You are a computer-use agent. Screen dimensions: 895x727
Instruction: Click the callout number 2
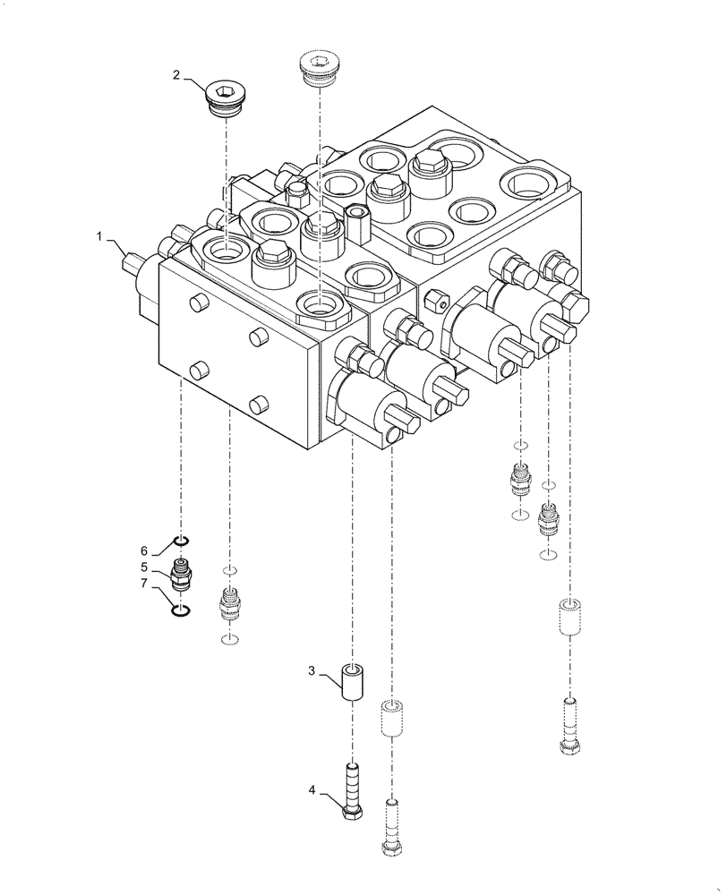[177, 75]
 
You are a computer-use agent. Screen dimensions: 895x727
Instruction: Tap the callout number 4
[312, 790]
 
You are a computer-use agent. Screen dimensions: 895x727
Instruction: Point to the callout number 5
[143, 567]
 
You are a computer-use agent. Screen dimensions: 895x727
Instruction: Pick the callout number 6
[143, 550]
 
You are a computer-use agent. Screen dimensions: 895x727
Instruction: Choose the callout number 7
[143, 584]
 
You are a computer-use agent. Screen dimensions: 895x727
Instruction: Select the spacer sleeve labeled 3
[352, 684]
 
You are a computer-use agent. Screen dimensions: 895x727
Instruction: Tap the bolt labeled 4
[351, 788]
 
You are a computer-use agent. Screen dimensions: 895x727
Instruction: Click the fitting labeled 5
[182, 573]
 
